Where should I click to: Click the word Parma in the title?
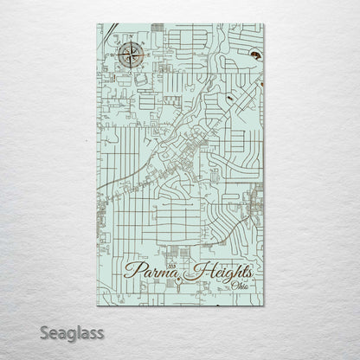[149, 271]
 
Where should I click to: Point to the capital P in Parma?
[132, 271]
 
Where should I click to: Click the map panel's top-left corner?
[96, 24]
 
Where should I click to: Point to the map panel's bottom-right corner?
[264, 305]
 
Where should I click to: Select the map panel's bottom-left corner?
[96, 305]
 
